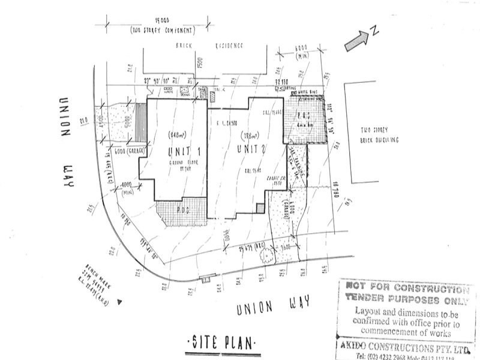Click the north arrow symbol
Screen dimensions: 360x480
(x=359, y=37)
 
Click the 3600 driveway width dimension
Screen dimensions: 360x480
(x=286, y=246)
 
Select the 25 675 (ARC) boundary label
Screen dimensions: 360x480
(x=251, y=247)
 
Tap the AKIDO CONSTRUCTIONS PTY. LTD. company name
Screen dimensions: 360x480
(x=403, y=347)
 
